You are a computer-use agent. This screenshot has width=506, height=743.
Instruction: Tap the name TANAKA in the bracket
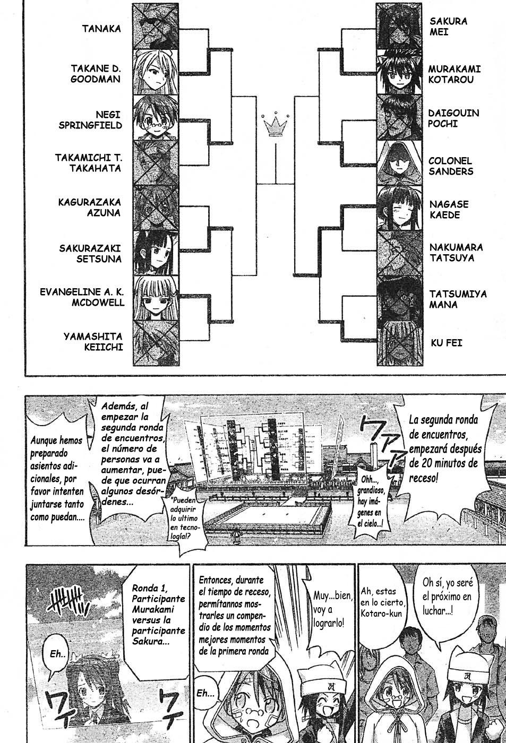[x=101, y=29]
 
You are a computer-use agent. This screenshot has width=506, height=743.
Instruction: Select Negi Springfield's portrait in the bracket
[x=156, y=118]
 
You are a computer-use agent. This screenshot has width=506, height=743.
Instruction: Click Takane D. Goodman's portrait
[x=156, y=73]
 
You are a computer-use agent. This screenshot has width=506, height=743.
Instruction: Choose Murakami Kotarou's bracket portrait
[x=399, y=72]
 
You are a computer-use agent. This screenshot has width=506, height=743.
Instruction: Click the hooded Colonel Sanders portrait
[x=399, y=163]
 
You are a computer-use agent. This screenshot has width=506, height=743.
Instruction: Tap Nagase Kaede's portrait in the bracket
[x=399, y=208]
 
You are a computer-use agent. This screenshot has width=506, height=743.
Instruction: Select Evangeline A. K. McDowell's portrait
[x=156, y=298]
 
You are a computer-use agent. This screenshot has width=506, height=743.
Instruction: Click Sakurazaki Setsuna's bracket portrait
[x=156, y=253]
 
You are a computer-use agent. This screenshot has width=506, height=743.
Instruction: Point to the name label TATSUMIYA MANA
[x=458, y=299]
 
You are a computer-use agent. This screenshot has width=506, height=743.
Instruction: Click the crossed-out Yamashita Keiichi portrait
[x=156, y=343]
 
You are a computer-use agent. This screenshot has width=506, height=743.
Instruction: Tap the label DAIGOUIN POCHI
[x=453, y=118]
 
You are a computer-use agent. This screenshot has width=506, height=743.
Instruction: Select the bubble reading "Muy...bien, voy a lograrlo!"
[x=329, y=609]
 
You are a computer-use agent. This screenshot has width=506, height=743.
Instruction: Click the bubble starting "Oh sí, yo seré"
[x=447, y=596]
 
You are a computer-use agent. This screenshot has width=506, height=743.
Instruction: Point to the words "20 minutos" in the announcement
[x=445, y=463]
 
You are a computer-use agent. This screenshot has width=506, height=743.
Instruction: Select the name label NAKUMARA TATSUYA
[x=456, y=253]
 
